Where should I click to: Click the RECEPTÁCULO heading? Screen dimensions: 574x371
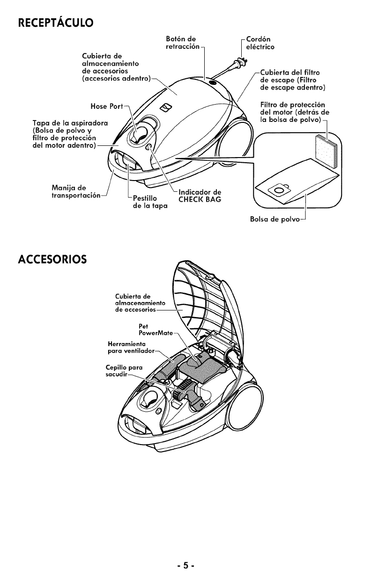(55, 22)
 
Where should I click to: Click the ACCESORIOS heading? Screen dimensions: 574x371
(52, 258)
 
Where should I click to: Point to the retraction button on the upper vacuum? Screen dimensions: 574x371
(214, 83)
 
